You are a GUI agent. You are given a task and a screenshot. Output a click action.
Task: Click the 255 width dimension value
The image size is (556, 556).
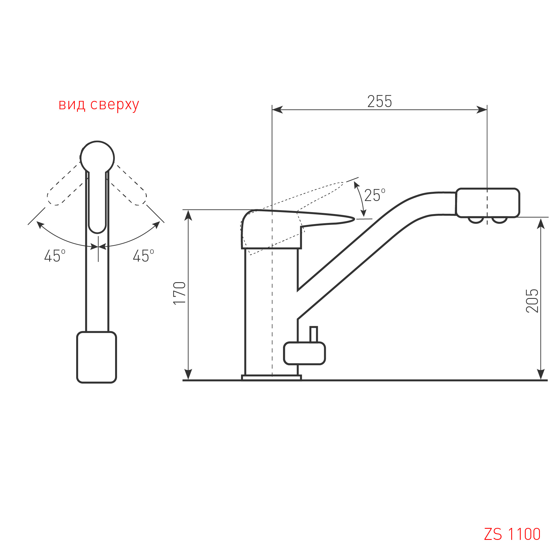click(x=379, y=101)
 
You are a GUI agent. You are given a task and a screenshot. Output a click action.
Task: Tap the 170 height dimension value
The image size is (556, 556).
click(x=180, y=293)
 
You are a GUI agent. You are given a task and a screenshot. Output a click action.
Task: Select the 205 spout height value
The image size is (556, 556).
click(x=532, y=301)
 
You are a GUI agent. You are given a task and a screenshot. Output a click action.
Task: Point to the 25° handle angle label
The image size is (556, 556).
click(x=374, y=195)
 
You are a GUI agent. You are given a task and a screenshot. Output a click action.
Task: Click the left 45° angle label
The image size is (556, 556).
click(x=55, y=255)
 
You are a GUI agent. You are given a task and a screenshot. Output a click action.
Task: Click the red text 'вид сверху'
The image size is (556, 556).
click(x=99, y=105)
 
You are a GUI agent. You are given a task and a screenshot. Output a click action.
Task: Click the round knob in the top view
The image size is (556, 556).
click(x=97, y=158)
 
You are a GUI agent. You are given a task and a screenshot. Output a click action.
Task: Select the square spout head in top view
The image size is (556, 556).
click(x=97, y=357)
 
